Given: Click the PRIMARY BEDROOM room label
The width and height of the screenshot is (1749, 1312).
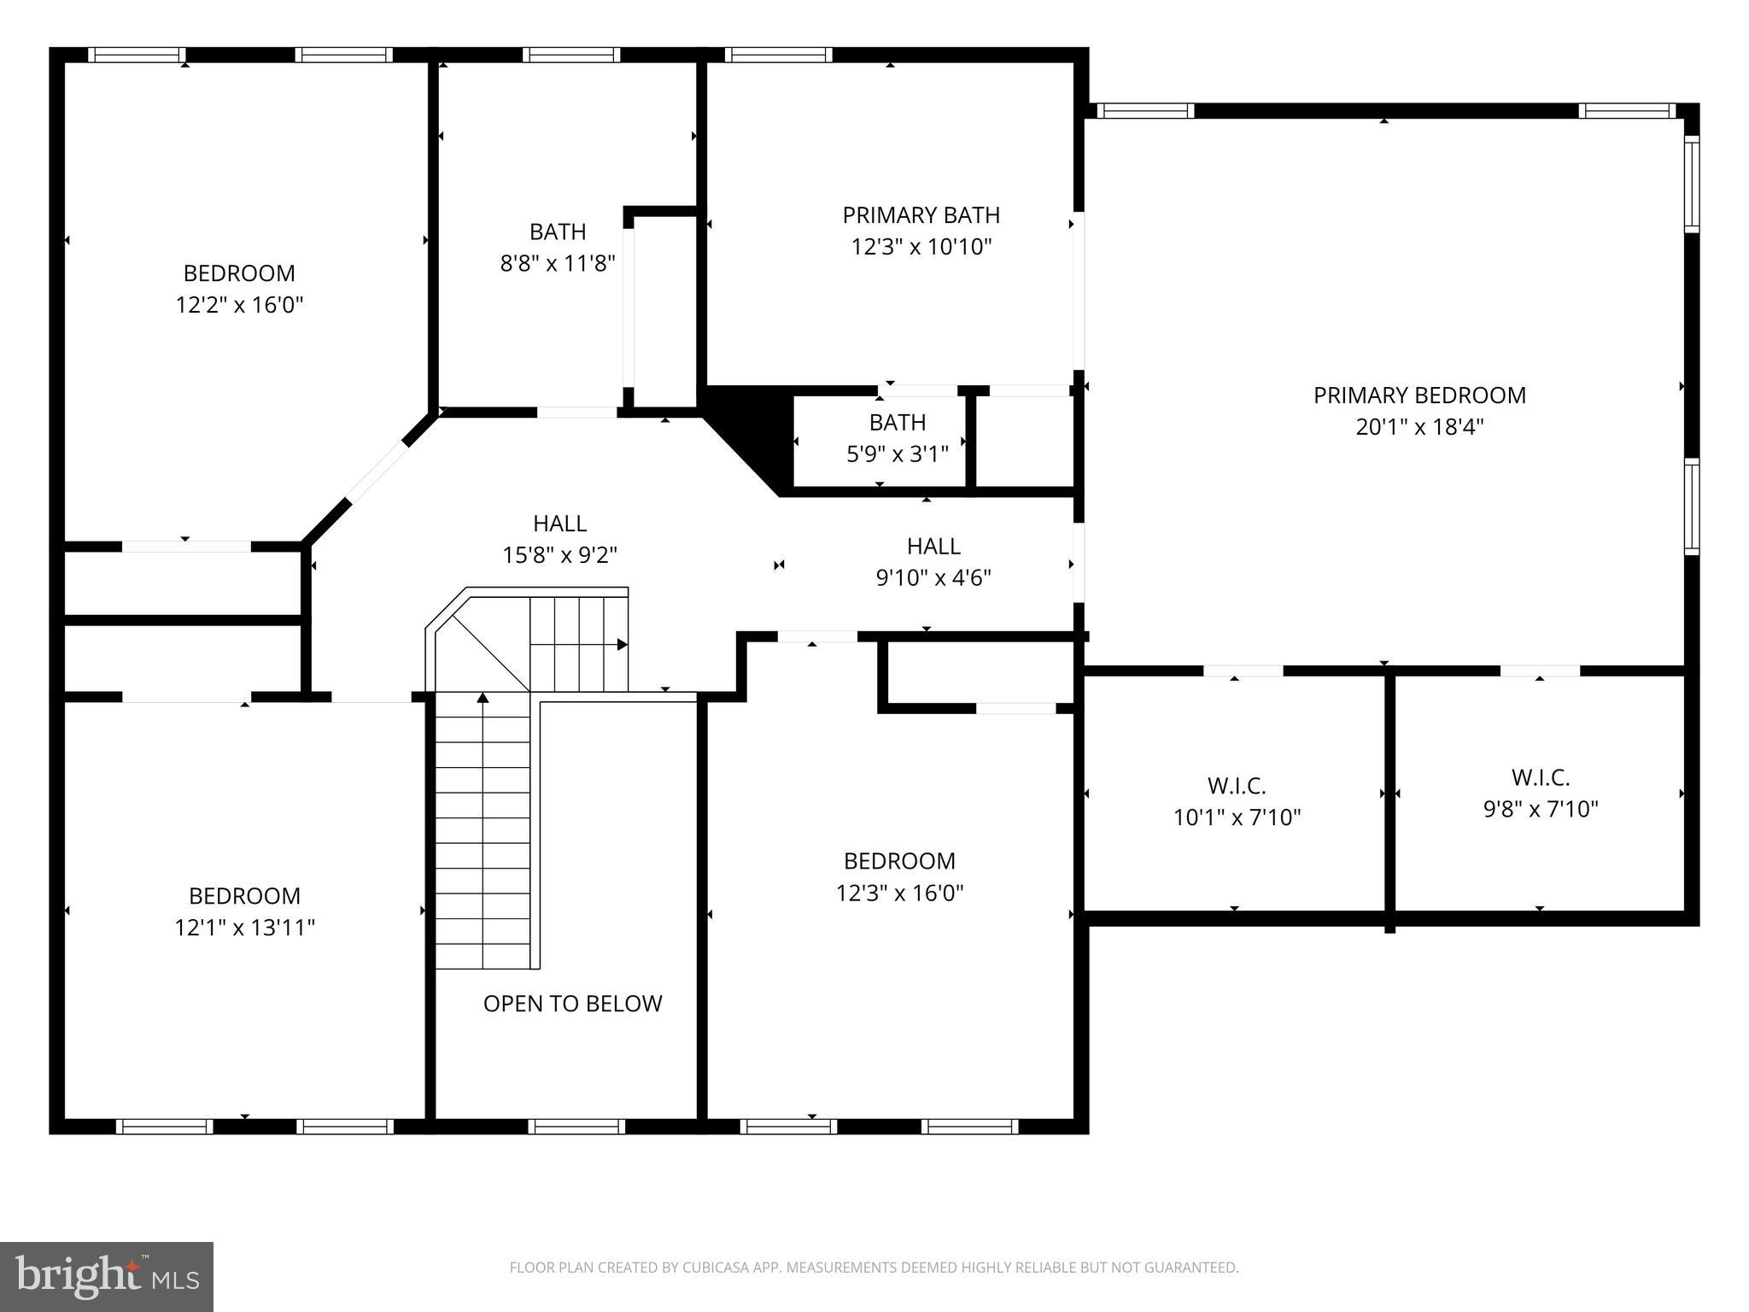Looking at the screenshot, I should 1419,395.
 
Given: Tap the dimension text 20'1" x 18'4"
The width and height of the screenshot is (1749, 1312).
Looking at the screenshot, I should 1419,427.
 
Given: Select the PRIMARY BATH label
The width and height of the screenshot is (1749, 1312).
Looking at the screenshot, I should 921,215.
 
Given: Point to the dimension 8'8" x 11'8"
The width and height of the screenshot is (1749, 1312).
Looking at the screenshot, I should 558,264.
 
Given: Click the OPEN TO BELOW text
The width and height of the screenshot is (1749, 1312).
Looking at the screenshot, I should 572,1004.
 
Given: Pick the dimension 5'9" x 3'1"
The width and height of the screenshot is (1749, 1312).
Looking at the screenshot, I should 897,454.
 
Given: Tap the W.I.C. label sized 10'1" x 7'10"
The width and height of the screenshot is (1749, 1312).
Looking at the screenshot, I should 1236,786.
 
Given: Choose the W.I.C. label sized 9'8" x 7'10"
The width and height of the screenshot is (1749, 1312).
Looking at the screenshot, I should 1540,778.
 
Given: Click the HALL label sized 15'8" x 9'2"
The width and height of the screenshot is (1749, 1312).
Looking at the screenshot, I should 559,524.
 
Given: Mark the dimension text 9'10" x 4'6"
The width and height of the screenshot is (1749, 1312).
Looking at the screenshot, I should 933,578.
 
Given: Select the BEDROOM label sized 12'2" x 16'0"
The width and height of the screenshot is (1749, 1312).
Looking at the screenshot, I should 239,273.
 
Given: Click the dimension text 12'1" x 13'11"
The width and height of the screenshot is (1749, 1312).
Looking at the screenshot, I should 244,928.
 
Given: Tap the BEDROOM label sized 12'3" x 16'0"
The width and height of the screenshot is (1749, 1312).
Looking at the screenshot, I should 898,861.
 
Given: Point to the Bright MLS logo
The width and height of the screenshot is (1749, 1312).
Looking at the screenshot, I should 106,1276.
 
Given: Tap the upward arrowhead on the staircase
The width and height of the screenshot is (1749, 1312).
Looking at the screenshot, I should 483,698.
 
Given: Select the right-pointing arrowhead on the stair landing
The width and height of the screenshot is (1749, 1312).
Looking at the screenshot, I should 623,644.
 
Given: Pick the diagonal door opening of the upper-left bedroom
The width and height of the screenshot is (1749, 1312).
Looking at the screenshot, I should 377,472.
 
